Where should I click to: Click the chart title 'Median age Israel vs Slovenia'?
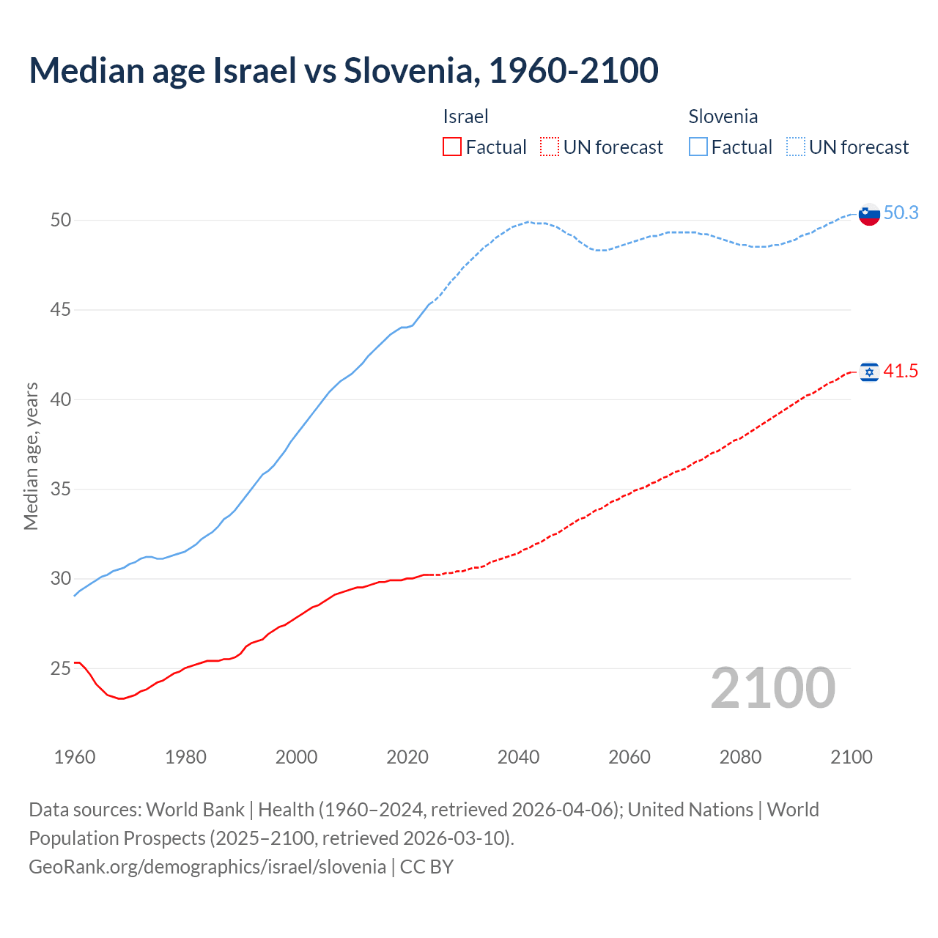[x=343, y=70]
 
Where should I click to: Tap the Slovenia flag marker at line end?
[x=868, y=214]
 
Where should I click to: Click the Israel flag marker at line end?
[x=868, y=372]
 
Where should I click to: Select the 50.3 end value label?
[x=901, y=213]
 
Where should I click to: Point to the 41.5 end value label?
[x=901, y=372]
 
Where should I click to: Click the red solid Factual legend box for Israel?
[x=452, y=147]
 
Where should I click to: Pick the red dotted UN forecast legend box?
[x=550, y=147]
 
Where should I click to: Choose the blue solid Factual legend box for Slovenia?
[x=698, y=147]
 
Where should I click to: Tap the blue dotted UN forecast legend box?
[x=795, y=147]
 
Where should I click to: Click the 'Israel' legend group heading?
[x=465, y=117]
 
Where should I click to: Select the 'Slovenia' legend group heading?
[x=723, y=117]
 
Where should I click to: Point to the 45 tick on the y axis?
[x=60, y=310]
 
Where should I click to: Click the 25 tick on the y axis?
[x=60, y=668]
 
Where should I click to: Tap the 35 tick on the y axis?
[x=60, y=489]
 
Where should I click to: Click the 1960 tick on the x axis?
[x=75, y=757]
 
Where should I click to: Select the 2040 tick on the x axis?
[x=518, y=757]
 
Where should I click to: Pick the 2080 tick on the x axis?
[x=740, y=757]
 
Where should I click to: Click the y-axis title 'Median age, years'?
[x=31, y=456]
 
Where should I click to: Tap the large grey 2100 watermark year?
[x=772, y=687]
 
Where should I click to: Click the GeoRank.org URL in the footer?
[x=207, y=867]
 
